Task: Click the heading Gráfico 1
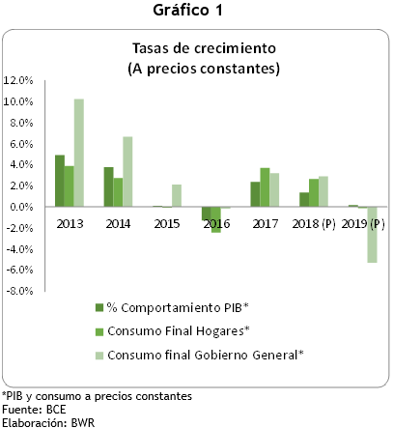pyautogui.click(x=196, y=12)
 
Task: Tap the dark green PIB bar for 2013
pyautogui.click(x=59, y=181)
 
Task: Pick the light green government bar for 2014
pyautogui.click(x=128, y=171)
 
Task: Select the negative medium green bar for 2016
pyautogui.click(x=216, y=219)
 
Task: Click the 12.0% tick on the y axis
pyautogui.click(x=20, y=80)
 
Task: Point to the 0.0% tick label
pyautogui.click(x=22, y=207)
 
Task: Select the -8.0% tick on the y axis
pyautogui.click(x=20, y=291)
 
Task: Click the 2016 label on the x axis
pyautogui.click(x=215, y=224)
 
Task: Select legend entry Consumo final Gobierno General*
pyautogui.click(x=204, y=355)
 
